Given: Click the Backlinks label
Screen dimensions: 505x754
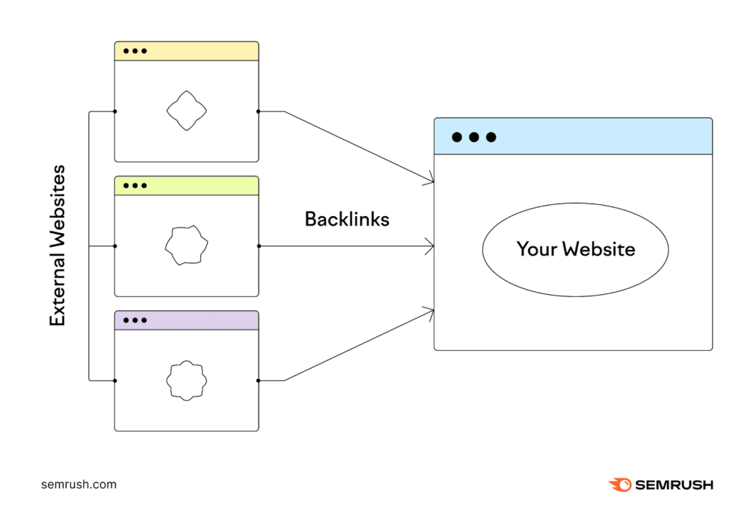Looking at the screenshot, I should (x=347, y=219).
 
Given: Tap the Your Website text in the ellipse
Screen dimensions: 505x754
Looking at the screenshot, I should (x=575, y=248).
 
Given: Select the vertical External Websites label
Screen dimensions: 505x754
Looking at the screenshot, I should (x=57, y=246).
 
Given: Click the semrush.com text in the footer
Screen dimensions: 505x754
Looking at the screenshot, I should (x=79, y=484).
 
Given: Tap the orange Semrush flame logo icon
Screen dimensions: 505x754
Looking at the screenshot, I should (x=619, y=484).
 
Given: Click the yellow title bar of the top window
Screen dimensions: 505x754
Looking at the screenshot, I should (x=186, y=51).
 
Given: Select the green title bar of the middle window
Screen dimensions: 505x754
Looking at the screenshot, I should (x=186, y=186).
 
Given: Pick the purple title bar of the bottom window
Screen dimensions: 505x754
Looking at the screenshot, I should (x=186, y=320).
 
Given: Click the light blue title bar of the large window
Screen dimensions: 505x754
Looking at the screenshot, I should (x=573, y=136).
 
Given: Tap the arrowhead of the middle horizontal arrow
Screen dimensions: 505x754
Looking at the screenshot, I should (x=430, y=246).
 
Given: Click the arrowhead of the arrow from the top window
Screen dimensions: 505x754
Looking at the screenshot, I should (x=430, y=180).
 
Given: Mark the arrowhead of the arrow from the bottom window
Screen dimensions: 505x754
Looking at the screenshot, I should (x=430, y=312).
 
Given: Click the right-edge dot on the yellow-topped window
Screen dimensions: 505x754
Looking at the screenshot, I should (x=258, y=112).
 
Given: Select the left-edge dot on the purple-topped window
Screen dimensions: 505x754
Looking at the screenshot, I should (x=115, y=380).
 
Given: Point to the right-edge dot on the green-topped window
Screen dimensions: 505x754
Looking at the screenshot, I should (x=258, y=246).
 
